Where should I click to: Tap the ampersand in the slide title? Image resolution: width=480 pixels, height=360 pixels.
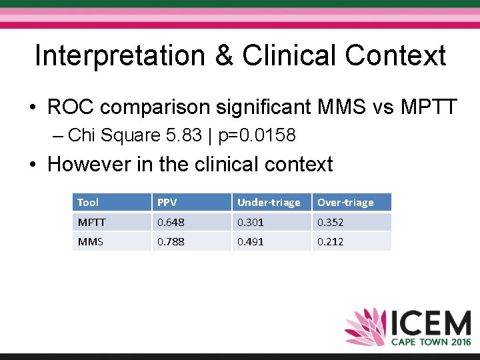[224, 56]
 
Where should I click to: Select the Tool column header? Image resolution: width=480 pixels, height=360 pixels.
[88, 203]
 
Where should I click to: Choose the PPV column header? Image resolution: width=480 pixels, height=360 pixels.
[167, 203]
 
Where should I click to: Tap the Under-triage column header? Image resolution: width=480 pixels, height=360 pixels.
[269, 203]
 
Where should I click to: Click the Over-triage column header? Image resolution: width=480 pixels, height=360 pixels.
[345, 203]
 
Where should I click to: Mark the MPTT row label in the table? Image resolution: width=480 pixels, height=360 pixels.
[91, 222]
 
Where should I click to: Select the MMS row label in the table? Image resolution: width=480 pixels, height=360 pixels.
[90, 241]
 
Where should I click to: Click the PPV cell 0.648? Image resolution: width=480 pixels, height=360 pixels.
[170, 222]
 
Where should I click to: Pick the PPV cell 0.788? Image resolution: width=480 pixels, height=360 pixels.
[170, 241]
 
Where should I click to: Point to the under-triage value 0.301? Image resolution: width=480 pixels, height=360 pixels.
[251, 222]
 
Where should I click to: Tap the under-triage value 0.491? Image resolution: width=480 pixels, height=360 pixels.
[251, 241]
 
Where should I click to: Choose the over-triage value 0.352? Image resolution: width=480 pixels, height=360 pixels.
[331, 222]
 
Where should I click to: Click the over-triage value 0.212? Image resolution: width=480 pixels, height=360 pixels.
[331, 241]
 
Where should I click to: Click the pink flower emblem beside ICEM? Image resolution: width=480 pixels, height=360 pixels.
[366, 327]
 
